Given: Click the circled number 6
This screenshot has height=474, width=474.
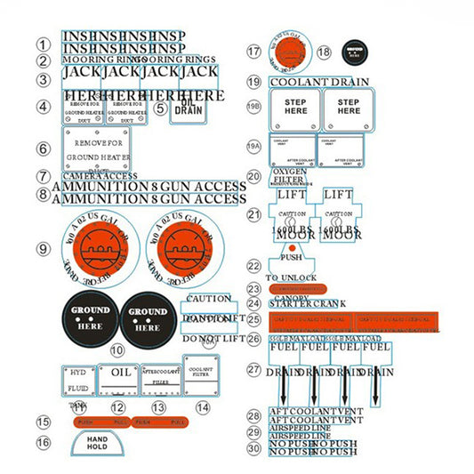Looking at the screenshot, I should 44,149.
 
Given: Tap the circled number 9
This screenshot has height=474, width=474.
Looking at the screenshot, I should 44,249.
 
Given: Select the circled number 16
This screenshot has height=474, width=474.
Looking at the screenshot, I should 44,442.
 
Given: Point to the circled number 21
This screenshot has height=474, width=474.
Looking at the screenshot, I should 254,214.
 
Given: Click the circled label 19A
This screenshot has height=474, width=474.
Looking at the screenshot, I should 254,145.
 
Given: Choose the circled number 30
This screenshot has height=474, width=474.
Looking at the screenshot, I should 254,449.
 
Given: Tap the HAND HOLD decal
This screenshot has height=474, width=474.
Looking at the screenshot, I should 98,441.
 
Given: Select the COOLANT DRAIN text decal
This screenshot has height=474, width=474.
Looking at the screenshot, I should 319,82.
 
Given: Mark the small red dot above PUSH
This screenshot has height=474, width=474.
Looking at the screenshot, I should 279,245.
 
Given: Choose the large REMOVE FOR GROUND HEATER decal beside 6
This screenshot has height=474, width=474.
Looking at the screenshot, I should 96,148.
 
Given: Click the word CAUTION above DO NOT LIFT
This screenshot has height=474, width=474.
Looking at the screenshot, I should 209,299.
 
